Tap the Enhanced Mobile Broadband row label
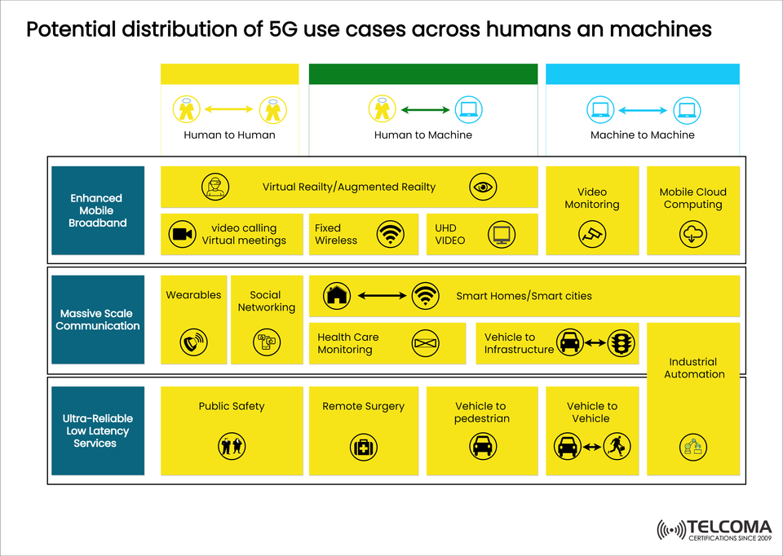pos(96,210)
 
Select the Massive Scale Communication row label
pos(98,320)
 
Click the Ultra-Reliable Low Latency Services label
pos(96,431)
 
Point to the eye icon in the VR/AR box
pos(484,188)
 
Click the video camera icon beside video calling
pos(183,235)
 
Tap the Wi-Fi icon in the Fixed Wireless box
pos(391,235)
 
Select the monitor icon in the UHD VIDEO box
pos(500,236)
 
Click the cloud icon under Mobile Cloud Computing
pos(692,235)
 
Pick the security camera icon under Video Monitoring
pos(592,235)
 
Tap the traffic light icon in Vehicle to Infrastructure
pos(622,343)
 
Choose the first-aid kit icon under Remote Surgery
pos(363,447)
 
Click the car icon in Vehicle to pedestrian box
pos(484,447)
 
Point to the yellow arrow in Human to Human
pos(229,108)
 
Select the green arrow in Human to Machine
pos(424,109)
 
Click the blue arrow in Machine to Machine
pos(643,109)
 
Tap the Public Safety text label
pos(232,406)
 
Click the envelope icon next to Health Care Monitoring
pos(426,343)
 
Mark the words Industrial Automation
pos(694,368)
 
